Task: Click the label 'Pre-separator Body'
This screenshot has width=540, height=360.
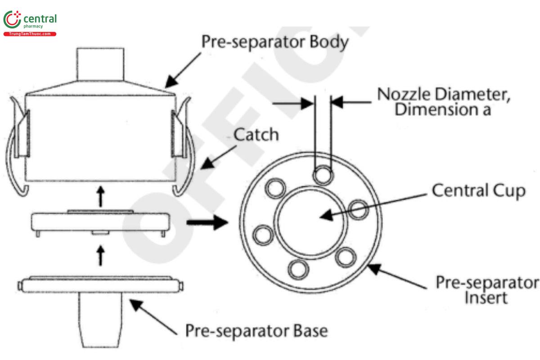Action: pos(274,42)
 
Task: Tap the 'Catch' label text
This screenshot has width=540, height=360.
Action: pos(256,134)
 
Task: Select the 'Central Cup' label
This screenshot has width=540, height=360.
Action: pos(478,190)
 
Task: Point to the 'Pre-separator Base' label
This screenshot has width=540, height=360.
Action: pos(256,331)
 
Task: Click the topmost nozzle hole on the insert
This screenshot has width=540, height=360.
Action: pos(323,175)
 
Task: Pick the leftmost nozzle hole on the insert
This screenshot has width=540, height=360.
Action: pos(263,234)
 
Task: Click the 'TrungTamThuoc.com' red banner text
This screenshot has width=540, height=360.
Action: pos(30,34)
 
